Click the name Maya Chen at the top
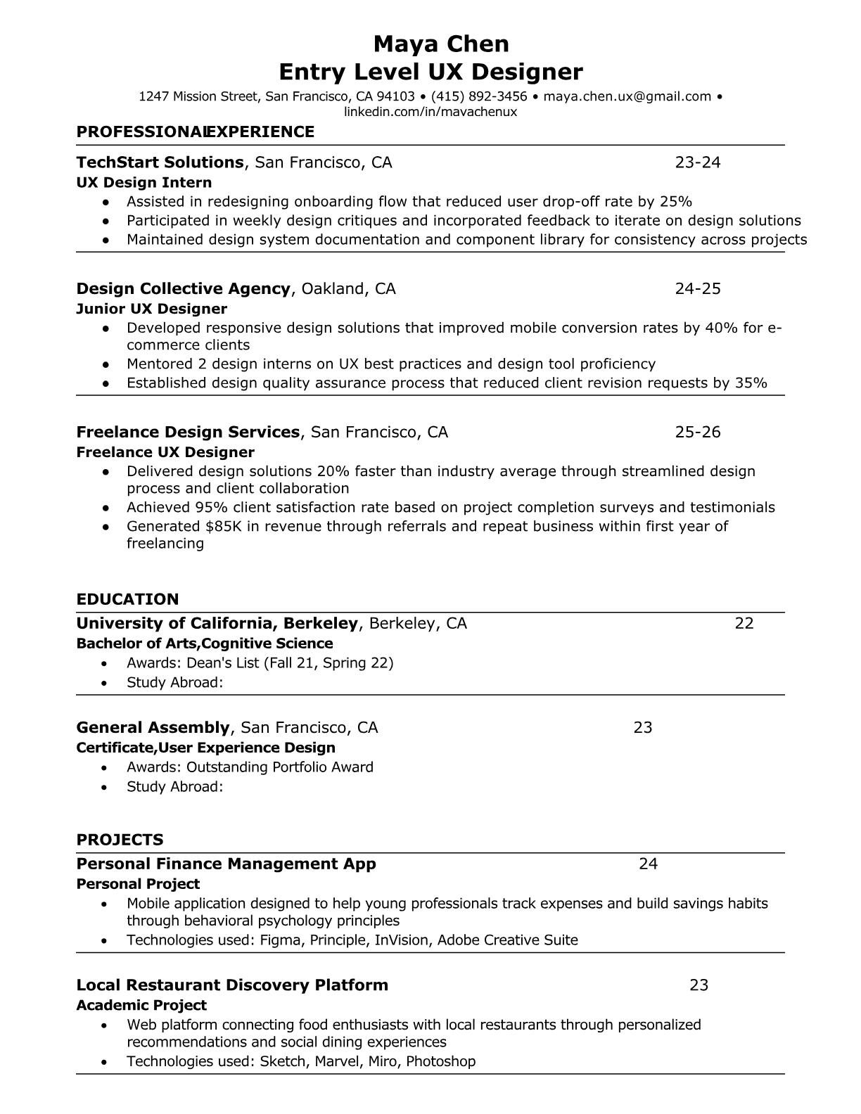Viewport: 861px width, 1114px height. (x=441, y=44)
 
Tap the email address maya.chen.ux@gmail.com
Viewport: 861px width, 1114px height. (x=627, y=96)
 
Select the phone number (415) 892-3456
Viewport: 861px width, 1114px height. (x=479, y=96)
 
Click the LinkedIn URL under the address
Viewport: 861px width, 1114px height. (x=431, y=112)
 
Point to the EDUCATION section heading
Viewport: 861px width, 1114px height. (x=127, y=599)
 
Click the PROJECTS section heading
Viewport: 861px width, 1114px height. (x=120, y=840)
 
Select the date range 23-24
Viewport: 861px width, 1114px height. (x=698, y=162)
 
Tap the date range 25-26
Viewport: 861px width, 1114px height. (x=698, y=432)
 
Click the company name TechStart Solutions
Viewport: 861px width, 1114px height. (x=160, y=162)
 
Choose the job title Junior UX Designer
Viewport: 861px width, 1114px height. (x=151, y=309)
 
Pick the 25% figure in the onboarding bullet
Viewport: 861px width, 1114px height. (x=676, y=202)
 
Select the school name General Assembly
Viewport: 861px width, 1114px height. (x=153, y=727)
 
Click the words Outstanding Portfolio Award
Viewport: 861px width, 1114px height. (x=280, y=767)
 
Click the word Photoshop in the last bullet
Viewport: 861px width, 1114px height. (x=441, y=1061)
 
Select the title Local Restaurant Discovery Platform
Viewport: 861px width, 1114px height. (x=232, y=985)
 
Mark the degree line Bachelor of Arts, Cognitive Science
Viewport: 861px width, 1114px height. (x=205, y=644)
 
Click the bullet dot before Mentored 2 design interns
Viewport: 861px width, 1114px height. (x=106, y=364)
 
